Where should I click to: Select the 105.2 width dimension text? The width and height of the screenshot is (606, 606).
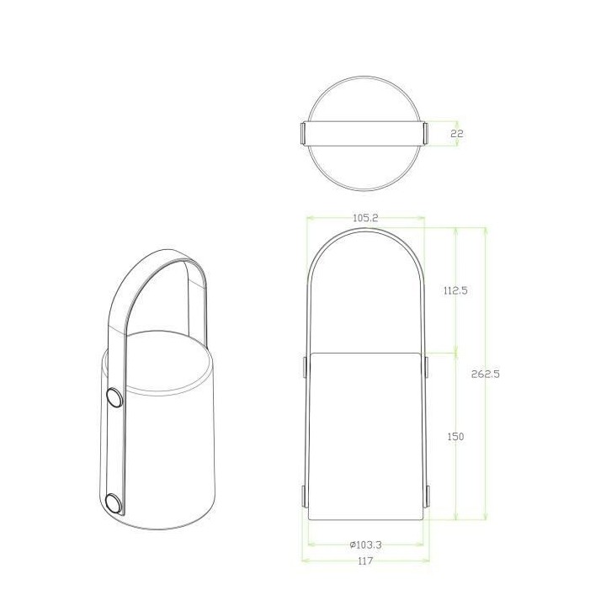click(x=365, y=217)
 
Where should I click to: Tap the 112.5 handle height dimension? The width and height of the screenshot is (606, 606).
click(x=454, y=290)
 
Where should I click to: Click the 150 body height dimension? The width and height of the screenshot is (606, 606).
click(x=455, y=436)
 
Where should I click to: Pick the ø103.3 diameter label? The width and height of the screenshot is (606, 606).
click(x=365, y=545)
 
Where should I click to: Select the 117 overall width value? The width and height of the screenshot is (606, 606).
click(x=365, y=561)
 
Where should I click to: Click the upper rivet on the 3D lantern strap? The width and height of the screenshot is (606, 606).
click(x=113, y=397)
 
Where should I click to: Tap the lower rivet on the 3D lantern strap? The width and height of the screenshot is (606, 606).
click(x=112, y=502)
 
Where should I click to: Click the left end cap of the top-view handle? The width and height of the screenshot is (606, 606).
click(x=304, y=133)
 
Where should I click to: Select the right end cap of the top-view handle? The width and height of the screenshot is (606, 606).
click(x=426, y=133)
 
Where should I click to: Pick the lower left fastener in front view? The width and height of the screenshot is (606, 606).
click(x=305, y=494)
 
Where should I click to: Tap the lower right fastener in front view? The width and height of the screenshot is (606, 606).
click(x=426, y=494)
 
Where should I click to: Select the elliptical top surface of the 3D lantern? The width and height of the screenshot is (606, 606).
click(x=157, y=362)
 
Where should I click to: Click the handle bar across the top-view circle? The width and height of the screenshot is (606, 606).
click(x=365, y=133)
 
